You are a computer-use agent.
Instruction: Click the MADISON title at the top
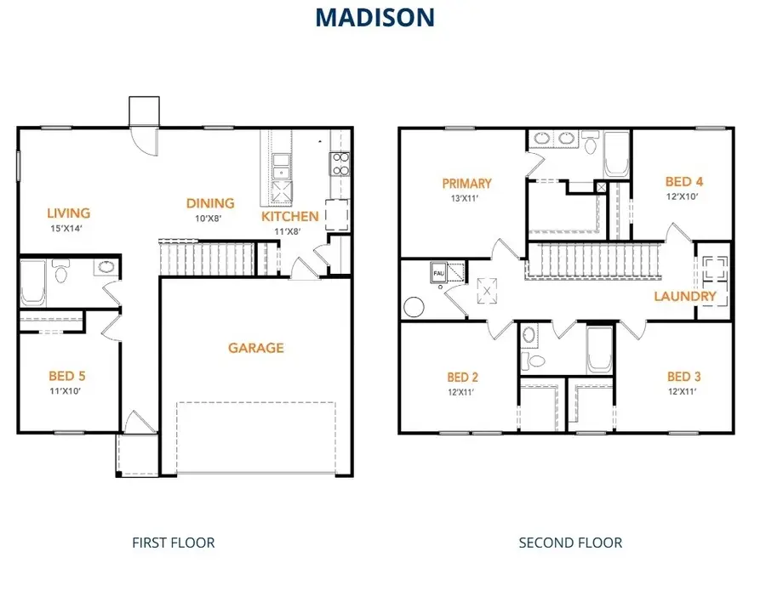375,17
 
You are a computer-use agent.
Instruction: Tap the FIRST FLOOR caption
174,542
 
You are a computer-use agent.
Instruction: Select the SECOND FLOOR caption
570,542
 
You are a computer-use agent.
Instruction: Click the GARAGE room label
255,348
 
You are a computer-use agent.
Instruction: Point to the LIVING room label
69,213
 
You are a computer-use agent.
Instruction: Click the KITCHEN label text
290,216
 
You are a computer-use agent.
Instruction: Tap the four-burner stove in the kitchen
340,163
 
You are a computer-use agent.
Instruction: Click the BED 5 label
67,375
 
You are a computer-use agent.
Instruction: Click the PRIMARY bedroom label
466,183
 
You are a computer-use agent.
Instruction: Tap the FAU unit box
440,273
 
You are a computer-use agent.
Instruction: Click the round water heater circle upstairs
414,305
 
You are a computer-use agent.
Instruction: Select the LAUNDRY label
685,297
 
